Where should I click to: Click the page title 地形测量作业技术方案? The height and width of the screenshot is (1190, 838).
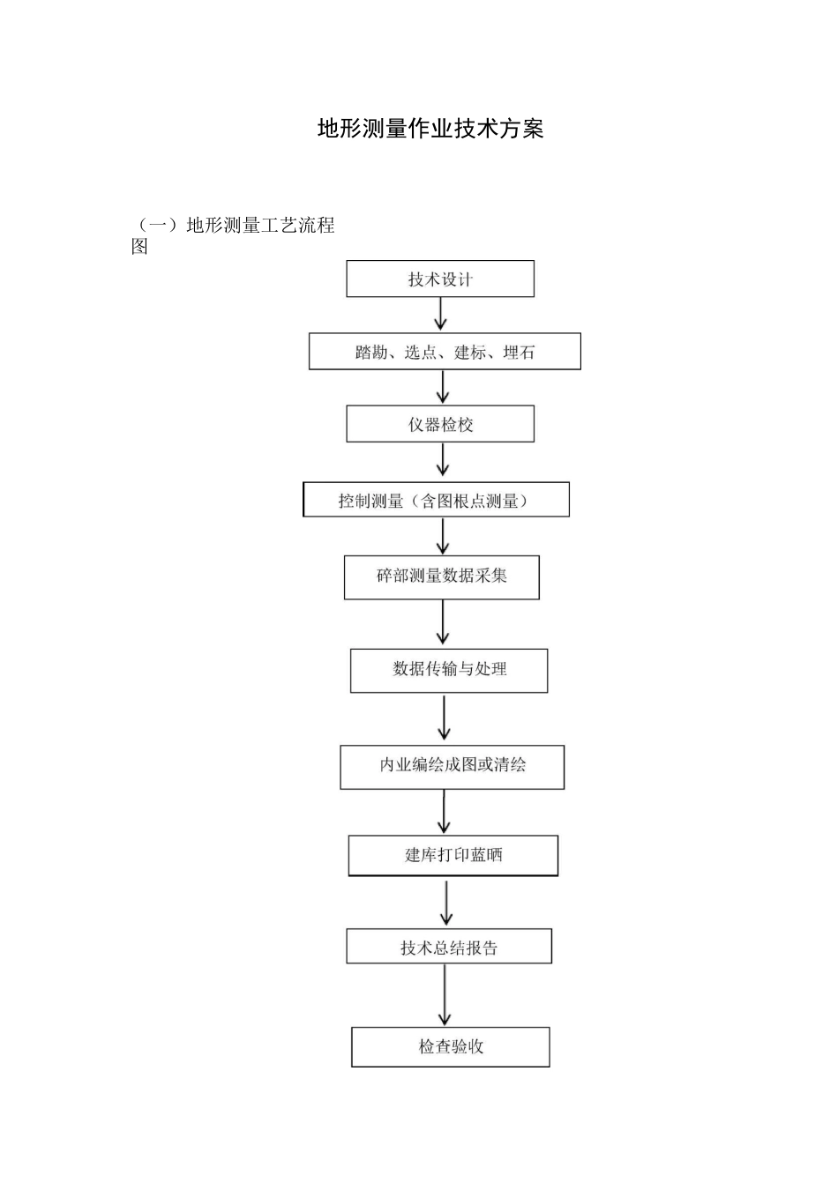(x=430, y=129)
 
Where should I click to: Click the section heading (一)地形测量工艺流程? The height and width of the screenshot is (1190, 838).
(x=235, y=226)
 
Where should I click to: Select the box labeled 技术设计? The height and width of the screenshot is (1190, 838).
(x=440, y=279)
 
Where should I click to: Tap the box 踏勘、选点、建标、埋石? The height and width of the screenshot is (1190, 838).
(x=445, y=352)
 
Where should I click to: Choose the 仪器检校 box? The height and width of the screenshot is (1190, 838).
(x=440, y=425)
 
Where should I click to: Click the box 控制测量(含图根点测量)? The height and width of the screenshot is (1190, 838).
(x=436, y=500)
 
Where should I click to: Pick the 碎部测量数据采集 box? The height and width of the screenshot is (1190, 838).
(x=441, y=576)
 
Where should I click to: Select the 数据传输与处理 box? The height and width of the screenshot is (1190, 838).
(x=449, y=670)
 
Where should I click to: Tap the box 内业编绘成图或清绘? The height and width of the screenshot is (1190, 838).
(x=452, y=766)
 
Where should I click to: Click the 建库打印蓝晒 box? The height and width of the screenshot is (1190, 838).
(x=453, y=855)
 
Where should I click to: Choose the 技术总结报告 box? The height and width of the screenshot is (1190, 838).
(x=449, y=947)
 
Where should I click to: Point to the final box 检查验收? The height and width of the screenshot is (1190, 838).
(x=451, y=1047)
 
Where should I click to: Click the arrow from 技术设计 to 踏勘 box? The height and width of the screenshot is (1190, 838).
(x=441, y=314)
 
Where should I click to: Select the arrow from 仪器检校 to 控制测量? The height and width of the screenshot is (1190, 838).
(x=443, y=460)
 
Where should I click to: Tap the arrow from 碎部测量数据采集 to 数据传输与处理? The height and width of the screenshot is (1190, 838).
(x=443, y=623)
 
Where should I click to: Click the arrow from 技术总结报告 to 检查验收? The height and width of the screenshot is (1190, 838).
(x=445, y=994)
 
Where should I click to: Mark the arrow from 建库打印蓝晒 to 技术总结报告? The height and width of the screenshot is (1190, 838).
(x=447, y=902)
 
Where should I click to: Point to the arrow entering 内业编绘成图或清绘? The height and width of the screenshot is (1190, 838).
(x=444, y=718)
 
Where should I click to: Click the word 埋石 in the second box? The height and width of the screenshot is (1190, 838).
(x=519, y=353)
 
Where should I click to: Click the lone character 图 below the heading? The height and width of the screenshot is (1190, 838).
(x=139, y=248)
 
